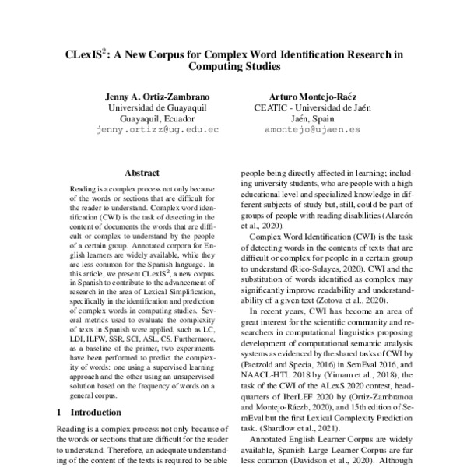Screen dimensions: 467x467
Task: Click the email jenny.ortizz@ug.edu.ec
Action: [156, 133]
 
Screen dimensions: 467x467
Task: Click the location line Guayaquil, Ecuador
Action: [156, 121]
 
